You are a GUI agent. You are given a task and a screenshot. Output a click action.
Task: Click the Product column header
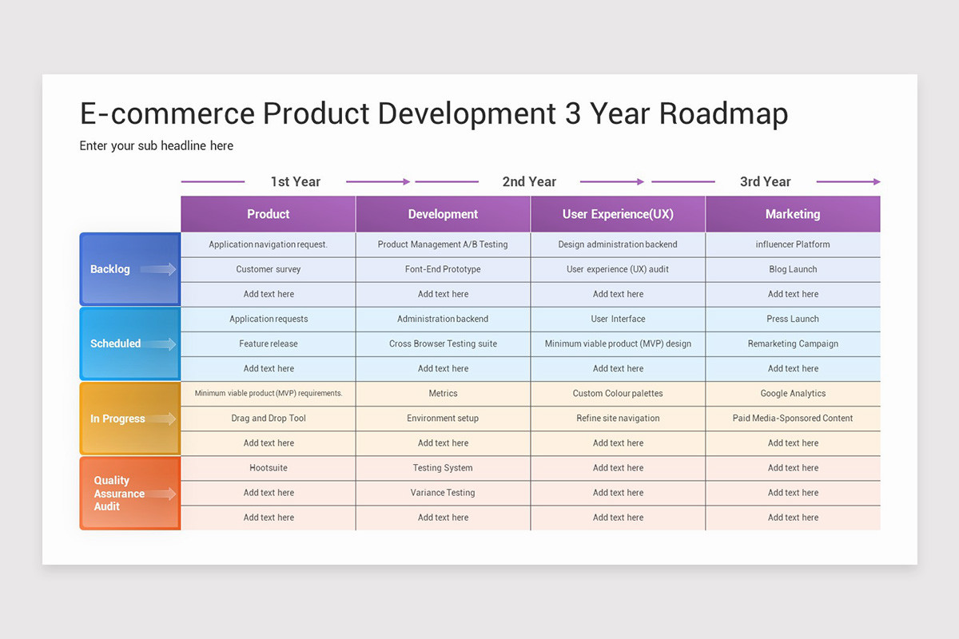coord(268,214)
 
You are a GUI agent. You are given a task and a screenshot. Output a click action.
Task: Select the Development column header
coord(443,214)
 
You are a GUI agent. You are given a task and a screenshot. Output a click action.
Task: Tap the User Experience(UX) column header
coord(618,214)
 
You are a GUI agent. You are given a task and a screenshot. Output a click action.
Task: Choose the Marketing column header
coord(793,214)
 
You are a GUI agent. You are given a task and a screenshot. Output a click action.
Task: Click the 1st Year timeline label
coord(295,181)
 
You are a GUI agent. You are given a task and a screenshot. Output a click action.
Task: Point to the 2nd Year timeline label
coord(529,181)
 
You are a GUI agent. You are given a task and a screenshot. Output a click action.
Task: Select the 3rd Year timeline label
coord(765,181)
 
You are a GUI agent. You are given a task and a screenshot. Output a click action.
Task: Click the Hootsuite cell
coord(269,468)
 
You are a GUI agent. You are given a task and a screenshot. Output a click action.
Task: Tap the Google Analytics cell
coord(793,394)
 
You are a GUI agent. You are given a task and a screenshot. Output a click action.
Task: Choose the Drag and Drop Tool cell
coord(269,419)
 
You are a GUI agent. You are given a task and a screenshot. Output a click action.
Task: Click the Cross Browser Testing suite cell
coord(443,344)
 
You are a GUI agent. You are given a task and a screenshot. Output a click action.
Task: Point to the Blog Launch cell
coord(793,269)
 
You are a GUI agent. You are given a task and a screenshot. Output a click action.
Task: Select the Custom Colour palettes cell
coord(618,394)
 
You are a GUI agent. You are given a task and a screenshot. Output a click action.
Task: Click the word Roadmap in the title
coord(723,114)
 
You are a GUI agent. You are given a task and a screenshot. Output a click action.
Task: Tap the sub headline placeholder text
coord(157,145)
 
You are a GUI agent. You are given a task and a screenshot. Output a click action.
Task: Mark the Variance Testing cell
coord(443,493)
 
